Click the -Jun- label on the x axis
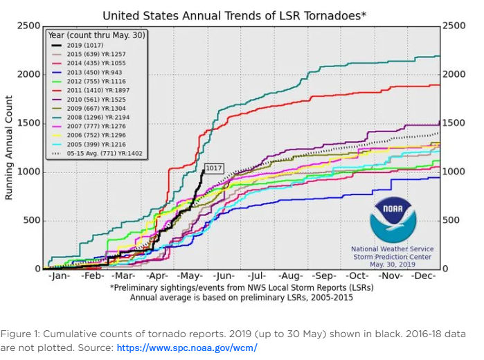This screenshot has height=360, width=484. click(x=221, y=276)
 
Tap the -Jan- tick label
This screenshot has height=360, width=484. click(x=59, y=276)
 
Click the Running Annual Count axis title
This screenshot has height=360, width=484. click(x=9, y=147)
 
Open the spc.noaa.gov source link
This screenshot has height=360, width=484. click(x=186, y=347)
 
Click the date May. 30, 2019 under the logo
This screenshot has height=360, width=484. click(x=392, y=264)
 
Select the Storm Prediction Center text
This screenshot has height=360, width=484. click(x=392, y=256)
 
